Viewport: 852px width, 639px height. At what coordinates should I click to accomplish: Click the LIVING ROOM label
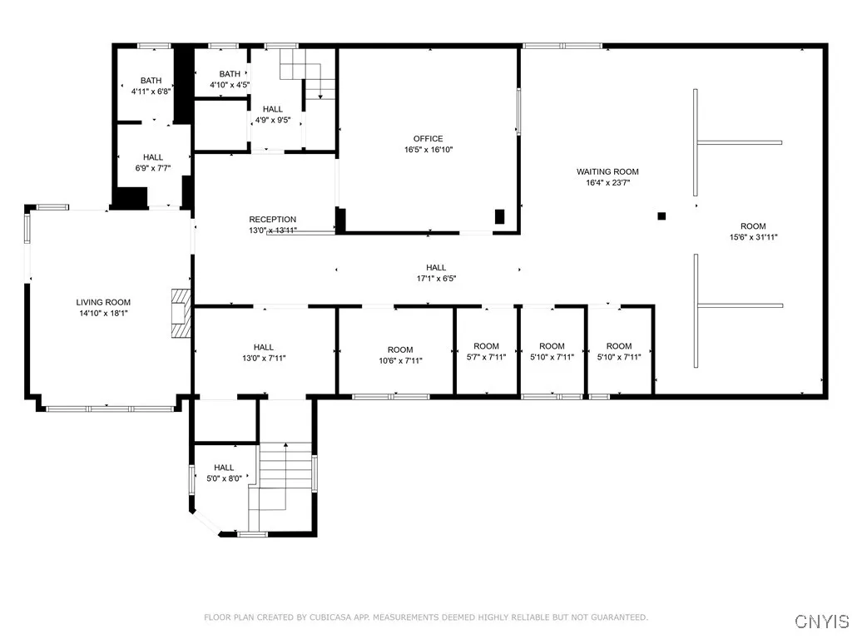pos(103,302)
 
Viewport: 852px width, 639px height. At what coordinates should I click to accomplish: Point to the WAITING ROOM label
pos(607,172)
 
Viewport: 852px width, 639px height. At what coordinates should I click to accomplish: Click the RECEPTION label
pos(272,220)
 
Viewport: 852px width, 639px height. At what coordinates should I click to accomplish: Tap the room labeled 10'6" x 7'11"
pos(399,355)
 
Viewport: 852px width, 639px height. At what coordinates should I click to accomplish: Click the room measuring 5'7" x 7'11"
pos(486,352)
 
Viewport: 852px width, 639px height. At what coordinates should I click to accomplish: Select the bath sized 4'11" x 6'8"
pos(151,87)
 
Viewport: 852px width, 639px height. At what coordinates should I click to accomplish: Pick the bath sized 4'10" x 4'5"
pos(230,79)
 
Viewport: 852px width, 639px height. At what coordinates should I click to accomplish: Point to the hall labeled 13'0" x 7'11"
pos(264,353)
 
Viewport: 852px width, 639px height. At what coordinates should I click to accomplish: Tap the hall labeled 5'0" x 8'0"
pos(224,473)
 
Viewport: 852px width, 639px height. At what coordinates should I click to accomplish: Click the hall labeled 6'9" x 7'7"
pos(152,162)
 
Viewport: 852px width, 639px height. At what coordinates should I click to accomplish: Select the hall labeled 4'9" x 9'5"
pos(272,115)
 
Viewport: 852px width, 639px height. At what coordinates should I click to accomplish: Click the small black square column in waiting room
pos(661,216)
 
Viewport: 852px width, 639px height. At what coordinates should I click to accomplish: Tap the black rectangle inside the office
pos(499,216)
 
